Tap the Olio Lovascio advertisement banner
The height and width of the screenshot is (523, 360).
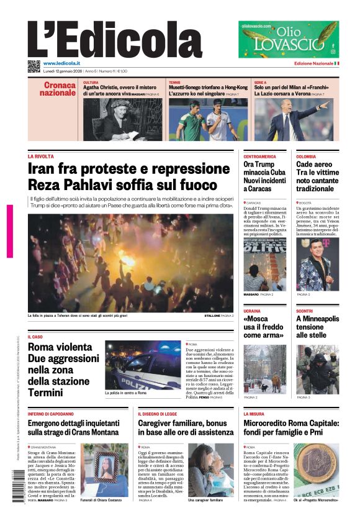[x=289, y=39]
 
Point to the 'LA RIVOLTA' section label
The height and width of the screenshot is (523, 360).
[x=41, y=157]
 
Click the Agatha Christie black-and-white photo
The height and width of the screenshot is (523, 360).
[x=122, y=119]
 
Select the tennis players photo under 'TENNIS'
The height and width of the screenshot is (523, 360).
[x=208, y=119]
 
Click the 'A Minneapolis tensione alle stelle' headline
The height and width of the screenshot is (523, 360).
[x=317, y=327]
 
